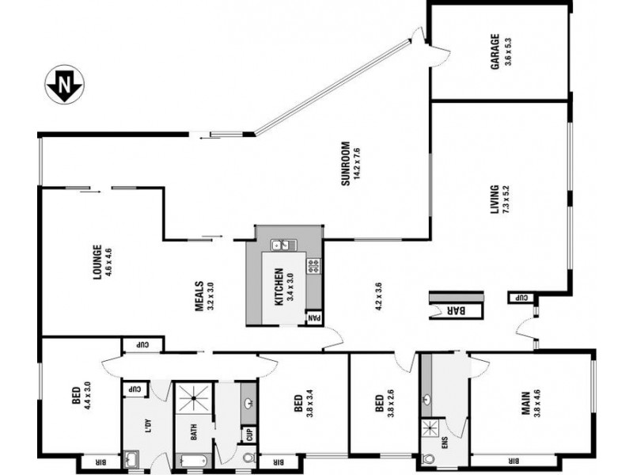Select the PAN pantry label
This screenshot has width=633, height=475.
(x=314, y=319)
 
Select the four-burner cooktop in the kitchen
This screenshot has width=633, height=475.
(x=313, y=266)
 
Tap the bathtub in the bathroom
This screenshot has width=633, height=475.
(x=193, y=461)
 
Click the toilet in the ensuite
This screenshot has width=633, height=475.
(x=430, y=458)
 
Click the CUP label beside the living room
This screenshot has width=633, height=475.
(x=522, y=298)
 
